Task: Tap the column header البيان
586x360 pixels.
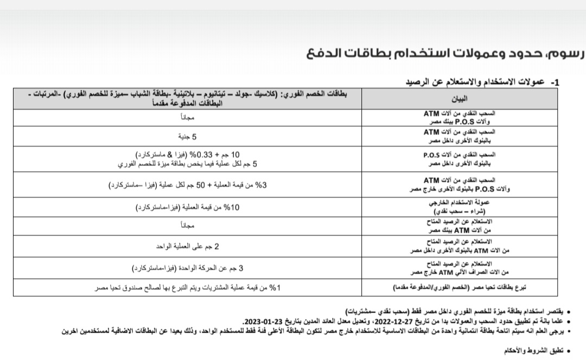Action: (459, 99)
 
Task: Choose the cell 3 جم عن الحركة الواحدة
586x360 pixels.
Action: (188, 268)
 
